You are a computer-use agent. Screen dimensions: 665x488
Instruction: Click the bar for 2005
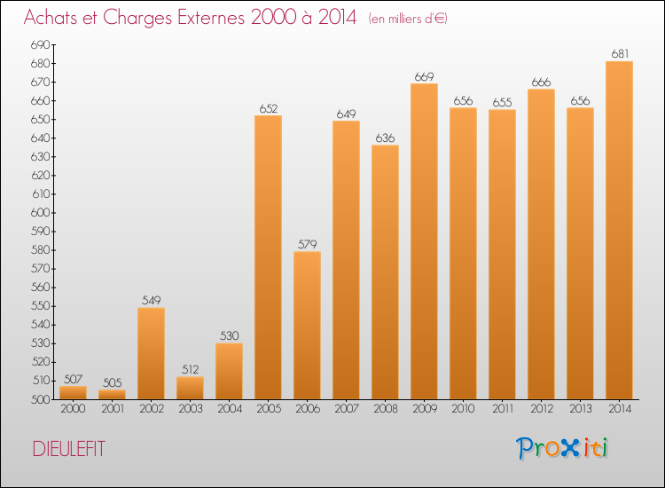pyautogui.click(x=268, y=257)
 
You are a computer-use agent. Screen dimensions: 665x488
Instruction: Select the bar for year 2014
pyautogui.click(x=619, y=230)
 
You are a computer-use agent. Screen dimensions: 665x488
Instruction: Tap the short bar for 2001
pyautogui.click(x=112, y=395)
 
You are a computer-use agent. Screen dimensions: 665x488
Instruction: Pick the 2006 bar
pyautogui.click(x=307, y=326)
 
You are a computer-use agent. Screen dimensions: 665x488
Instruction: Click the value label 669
pyautogui.click(x=424, y=77)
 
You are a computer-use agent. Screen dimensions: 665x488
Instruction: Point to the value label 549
pyautogui.click(x=152, y=301)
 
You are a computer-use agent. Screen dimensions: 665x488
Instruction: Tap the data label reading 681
pyautogui.click(x=620, y=54)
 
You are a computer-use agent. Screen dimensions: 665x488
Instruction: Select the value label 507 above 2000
pyautogui.click(x=73, y=379)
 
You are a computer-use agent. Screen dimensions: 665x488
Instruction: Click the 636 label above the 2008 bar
pyautogui.click(x=385, y=138)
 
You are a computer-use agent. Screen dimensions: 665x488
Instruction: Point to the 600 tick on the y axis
pyautogui.click(x=41, y=213)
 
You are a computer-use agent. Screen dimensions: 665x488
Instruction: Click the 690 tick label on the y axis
pyautogui.click(x=41, y=44)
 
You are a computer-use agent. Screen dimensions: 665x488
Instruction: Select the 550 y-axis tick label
pyautogui.click(x=41, y=306)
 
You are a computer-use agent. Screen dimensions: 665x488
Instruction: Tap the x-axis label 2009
pyautogui.click(x=425, y=408)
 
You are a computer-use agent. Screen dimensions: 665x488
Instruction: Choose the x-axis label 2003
pyautogui.click(x=191, y=408)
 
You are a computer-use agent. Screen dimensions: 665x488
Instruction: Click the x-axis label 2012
pyautogui.click(x=542, y=408)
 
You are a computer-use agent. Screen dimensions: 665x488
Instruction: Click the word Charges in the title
pyautogui.click(x=137, y=19)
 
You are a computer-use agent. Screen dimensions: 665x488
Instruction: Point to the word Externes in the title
pyautogui.click(x=211, y=17)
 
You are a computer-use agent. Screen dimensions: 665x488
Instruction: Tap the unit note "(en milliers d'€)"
pyautogui.click(x=408, y=19)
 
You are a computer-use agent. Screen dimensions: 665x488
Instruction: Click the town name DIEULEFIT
pyautogui.click(x=68, y=449)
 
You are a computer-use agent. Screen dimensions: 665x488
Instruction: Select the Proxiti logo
pyautogui.click(x=562, y=448)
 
